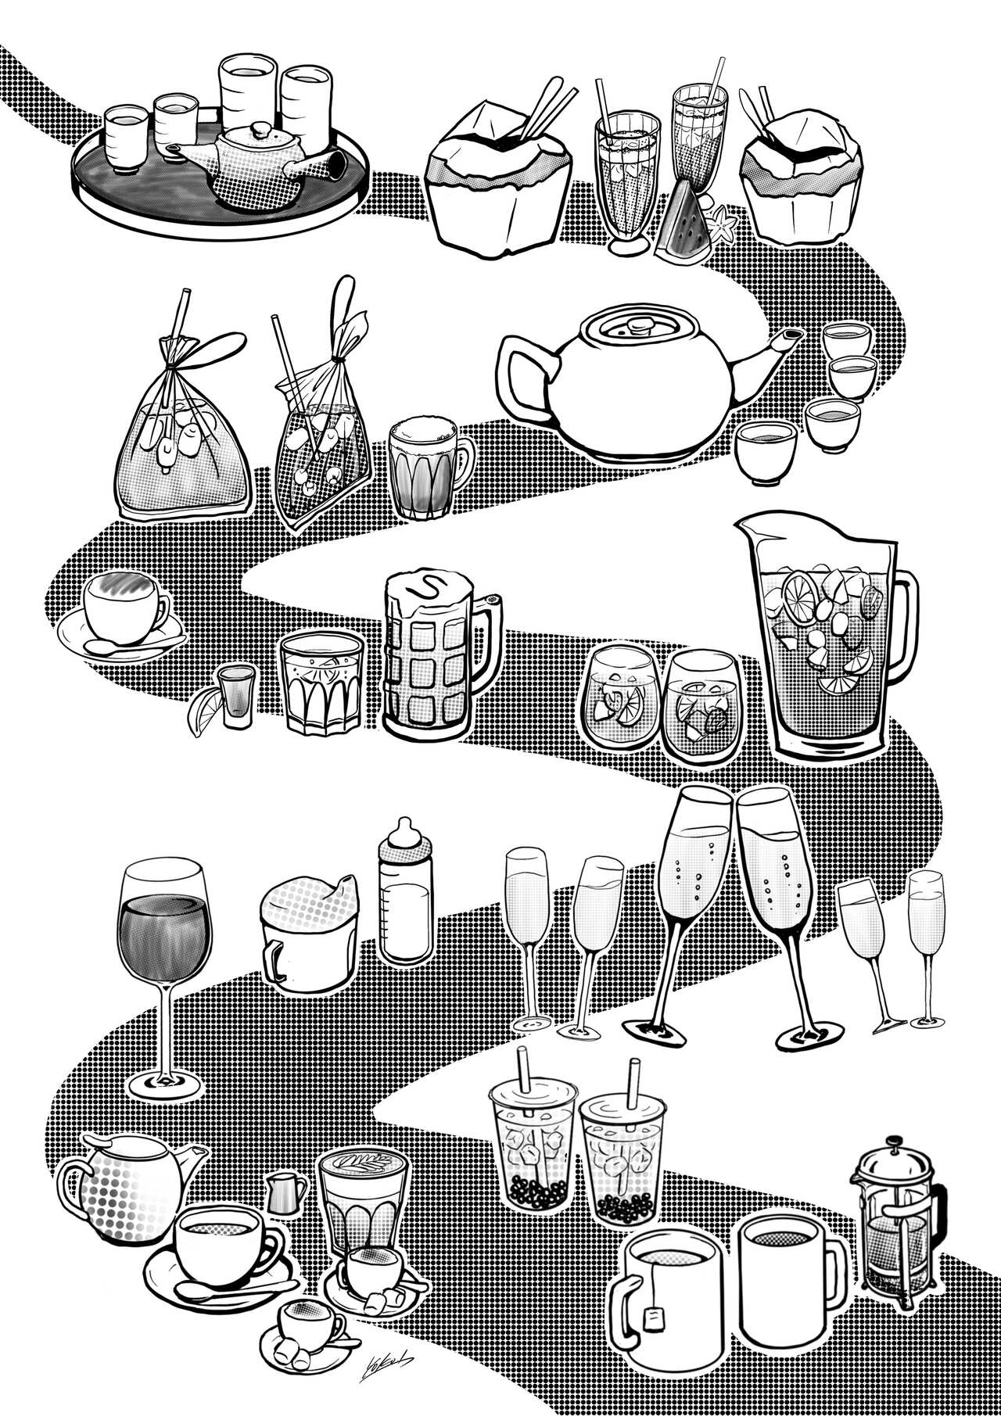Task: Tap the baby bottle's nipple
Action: point(404,828)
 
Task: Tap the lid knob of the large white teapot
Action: point(634,327)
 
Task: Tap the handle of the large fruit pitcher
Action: point(907,633)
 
